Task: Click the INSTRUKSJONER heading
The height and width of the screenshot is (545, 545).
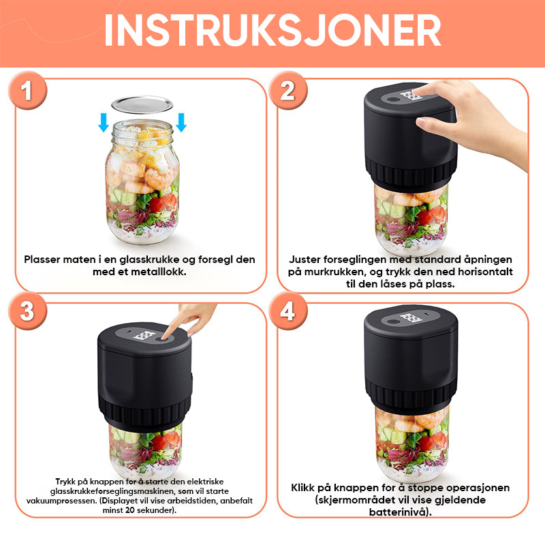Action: (x=272, y=30)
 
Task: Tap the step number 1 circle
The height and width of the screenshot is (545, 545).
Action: (x=27, y=91)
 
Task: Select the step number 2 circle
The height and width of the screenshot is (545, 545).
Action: (x=287, y=91)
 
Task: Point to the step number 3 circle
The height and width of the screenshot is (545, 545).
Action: (x=27, y=311)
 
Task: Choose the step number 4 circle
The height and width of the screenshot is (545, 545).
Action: (x=287, y=311)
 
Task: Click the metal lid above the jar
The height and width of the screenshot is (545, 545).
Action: (x=142, y=105)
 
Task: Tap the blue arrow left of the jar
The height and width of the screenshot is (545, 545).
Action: (x=104, y=123)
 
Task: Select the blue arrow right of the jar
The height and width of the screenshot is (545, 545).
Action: (x=181, y=123)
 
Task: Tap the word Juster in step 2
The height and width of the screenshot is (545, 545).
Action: (x=305, y=260)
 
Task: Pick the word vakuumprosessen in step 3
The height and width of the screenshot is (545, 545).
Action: (x=61, y=501)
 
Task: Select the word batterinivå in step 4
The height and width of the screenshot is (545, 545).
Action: (x=399, y=512)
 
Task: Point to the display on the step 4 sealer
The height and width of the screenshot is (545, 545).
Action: (x=411, y=318)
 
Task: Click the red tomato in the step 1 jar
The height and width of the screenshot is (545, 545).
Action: (x=164, y=203)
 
